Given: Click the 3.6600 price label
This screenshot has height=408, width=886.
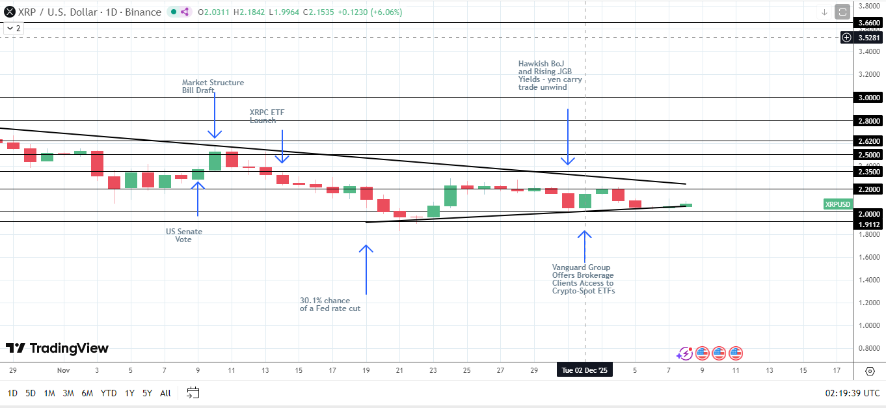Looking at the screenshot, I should pos(869,23).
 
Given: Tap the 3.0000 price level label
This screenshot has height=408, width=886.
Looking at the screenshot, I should pos(869,98).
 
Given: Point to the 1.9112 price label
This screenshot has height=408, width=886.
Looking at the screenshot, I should pos(869,224).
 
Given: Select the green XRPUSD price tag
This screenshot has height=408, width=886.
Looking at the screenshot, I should pos(837,204).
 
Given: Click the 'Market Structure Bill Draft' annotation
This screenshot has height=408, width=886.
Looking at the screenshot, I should pos(213,87).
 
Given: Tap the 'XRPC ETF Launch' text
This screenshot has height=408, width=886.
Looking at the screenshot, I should pos(267,116).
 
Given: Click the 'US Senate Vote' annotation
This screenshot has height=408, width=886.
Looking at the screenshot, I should pos(184,236).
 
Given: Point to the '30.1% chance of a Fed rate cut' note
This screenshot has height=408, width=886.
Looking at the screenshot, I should pos(330,305).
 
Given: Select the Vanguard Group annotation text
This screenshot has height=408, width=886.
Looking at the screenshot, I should pos(583,279).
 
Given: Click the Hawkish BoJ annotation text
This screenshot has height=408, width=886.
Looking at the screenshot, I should pos(550,75).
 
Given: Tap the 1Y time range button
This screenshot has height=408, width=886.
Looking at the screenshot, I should pos(129,393).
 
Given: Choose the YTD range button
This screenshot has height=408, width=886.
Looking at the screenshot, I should pos(109,393).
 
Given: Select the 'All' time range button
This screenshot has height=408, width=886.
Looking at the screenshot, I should pos(165,393).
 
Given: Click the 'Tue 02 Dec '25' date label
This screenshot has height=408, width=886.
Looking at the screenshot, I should pos(584,370).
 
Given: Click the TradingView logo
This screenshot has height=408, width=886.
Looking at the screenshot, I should pos(57,348).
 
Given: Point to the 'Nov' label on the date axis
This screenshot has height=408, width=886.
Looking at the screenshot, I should pos(63,370).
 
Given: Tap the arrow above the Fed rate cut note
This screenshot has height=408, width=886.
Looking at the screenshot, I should pos(366,269).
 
